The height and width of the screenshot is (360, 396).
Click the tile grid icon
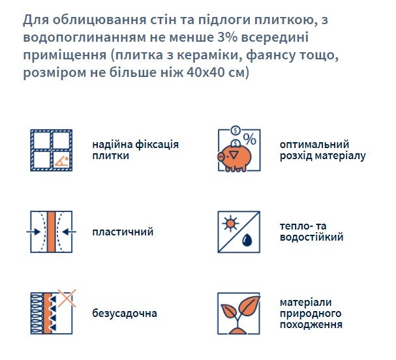tap(52, 150)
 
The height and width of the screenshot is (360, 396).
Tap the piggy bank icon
tap(235, 157)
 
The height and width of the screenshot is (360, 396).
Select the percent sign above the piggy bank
tap(250, 139)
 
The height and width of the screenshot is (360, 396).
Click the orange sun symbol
tap(230, 224)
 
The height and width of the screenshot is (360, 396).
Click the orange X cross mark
tap(67, 298)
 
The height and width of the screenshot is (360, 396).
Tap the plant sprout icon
tap(240, 314)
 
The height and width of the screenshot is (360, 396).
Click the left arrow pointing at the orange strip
tap(34, 232)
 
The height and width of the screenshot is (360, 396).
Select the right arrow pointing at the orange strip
tap(69, 232)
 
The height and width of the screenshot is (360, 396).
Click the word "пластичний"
tap(123, 232)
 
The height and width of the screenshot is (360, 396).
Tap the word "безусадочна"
tap(125, 313)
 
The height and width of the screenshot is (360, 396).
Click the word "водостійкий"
tap(311, 237)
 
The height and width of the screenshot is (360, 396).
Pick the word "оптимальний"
tap(314, 145)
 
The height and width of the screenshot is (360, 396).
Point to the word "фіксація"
tap(157, 144)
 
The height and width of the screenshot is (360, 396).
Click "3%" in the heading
tap(227, 37)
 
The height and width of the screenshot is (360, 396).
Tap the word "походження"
tap(311, 324)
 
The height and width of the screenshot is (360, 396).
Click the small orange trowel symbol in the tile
tap(62, 161)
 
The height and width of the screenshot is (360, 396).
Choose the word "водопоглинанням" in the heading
tap(85, 38)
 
